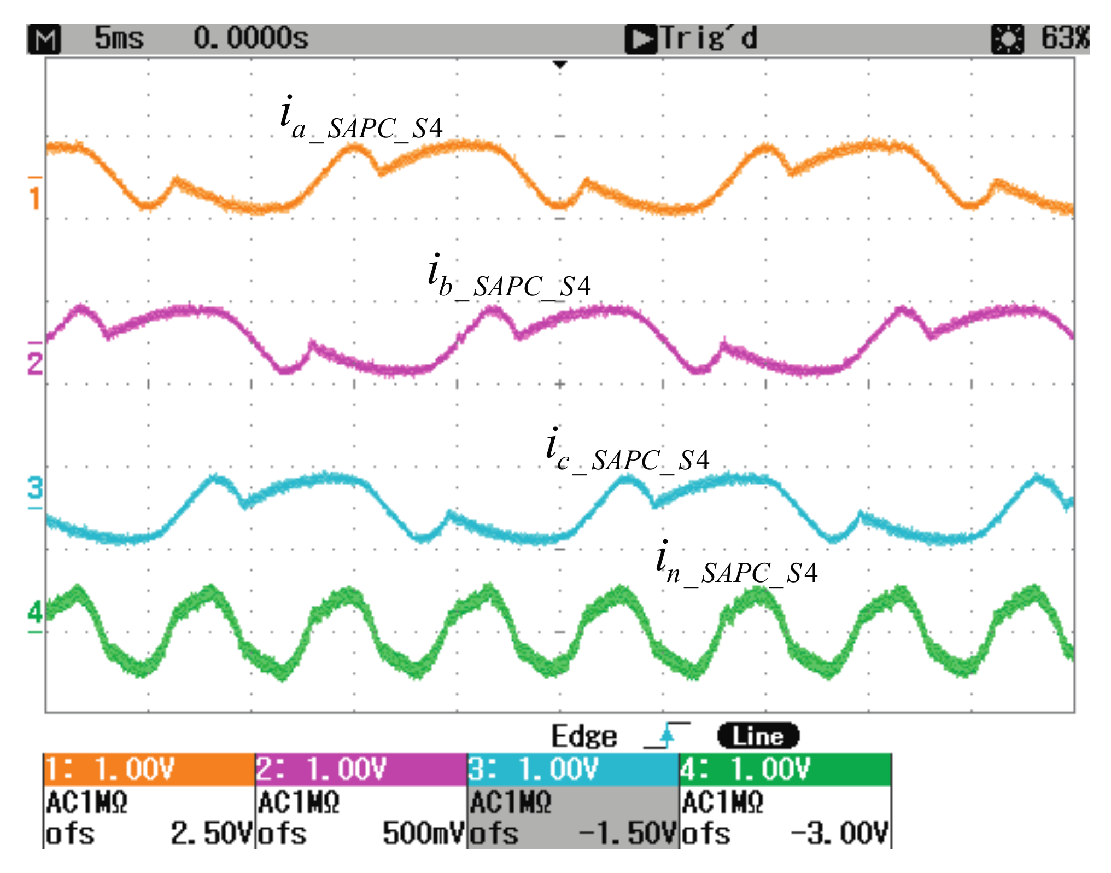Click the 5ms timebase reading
tap(119, 38)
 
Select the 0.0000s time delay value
tap(251, 38)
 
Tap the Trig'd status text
tap(709, 38)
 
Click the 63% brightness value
tap(1065, 38)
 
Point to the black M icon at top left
tap(44, 39)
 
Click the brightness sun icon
tap(1007, 39)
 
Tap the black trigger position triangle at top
tap(559, 65)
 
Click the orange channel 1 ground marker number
tap(35, 198)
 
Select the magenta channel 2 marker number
tap(35, 363)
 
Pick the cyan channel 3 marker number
tap(35, 487)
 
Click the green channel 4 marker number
tap(35, 612)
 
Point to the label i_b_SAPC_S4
tap(508, 278)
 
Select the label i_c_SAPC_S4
tap(627, 451)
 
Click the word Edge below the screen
tap(584, 736)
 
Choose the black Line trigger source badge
tap(758, 736)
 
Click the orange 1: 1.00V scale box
tap(149, 769)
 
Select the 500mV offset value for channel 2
tap(423, 834)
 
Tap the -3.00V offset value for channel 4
tap(840, 834)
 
